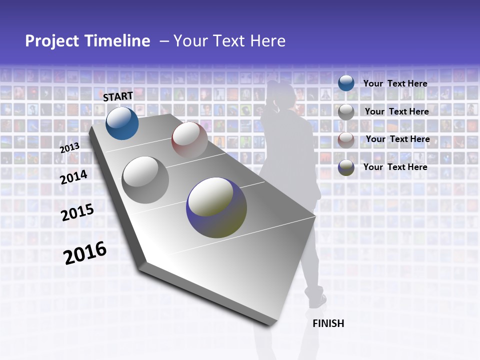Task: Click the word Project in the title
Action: (53, 41)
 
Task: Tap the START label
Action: (118, 96)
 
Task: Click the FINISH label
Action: (328, 323)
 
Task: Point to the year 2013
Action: (69, 147)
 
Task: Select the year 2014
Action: (73, 177)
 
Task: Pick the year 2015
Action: (77, 212)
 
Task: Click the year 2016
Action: (85, 253)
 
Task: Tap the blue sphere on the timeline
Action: (122, 123)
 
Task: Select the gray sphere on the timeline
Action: (145, 180)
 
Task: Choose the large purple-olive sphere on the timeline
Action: (216, 207)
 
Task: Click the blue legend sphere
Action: (346, 83)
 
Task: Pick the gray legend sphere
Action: (346, 111)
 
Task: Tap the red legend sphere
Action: (346, 139)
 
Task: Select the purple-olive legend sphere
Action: (346, 167)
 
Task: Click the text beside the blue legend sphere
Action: (395, 83)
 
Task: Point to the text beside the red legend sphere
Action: (397, 139)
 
